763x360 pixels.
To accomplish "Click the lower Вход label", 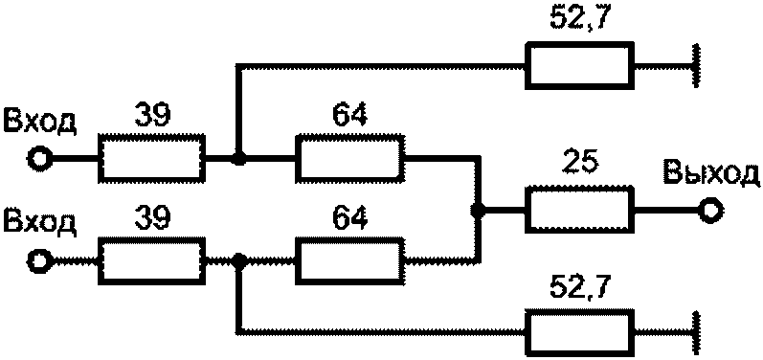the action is click(39, 223).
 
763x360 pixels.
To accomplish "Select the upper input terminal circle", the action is click(38, 159).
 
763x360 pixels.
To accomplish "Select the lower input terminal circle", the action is click(38, 261).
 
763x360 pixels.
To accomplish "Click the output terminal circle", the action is click(711, 211).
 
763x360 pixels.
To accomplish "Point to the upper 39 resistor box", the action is click(152, 159).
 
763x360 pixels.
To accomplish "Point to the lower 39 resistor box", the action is click(152, 260).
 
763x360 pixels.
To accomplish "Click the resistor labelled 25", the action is click(580, 209).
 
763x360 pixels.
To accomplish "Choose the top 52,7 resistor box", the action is click(579, 66).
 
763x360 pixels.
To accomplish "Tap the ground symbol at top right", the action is click(697, 66).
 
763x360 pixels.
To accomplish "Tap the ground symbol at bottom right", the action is click(697, 333).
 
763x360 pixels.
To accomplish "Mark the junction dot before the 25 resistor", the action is click(479, 211).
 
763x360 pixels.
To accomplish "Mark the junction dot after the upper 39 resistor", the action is click(238, 158).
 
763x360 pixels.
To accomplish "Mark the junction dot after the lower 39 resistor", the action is click(238, 261).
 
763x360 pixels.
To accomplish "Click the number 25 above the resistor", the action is click(578, 167).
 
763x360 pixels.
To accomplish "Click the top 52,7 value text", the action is click(578, 19).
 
